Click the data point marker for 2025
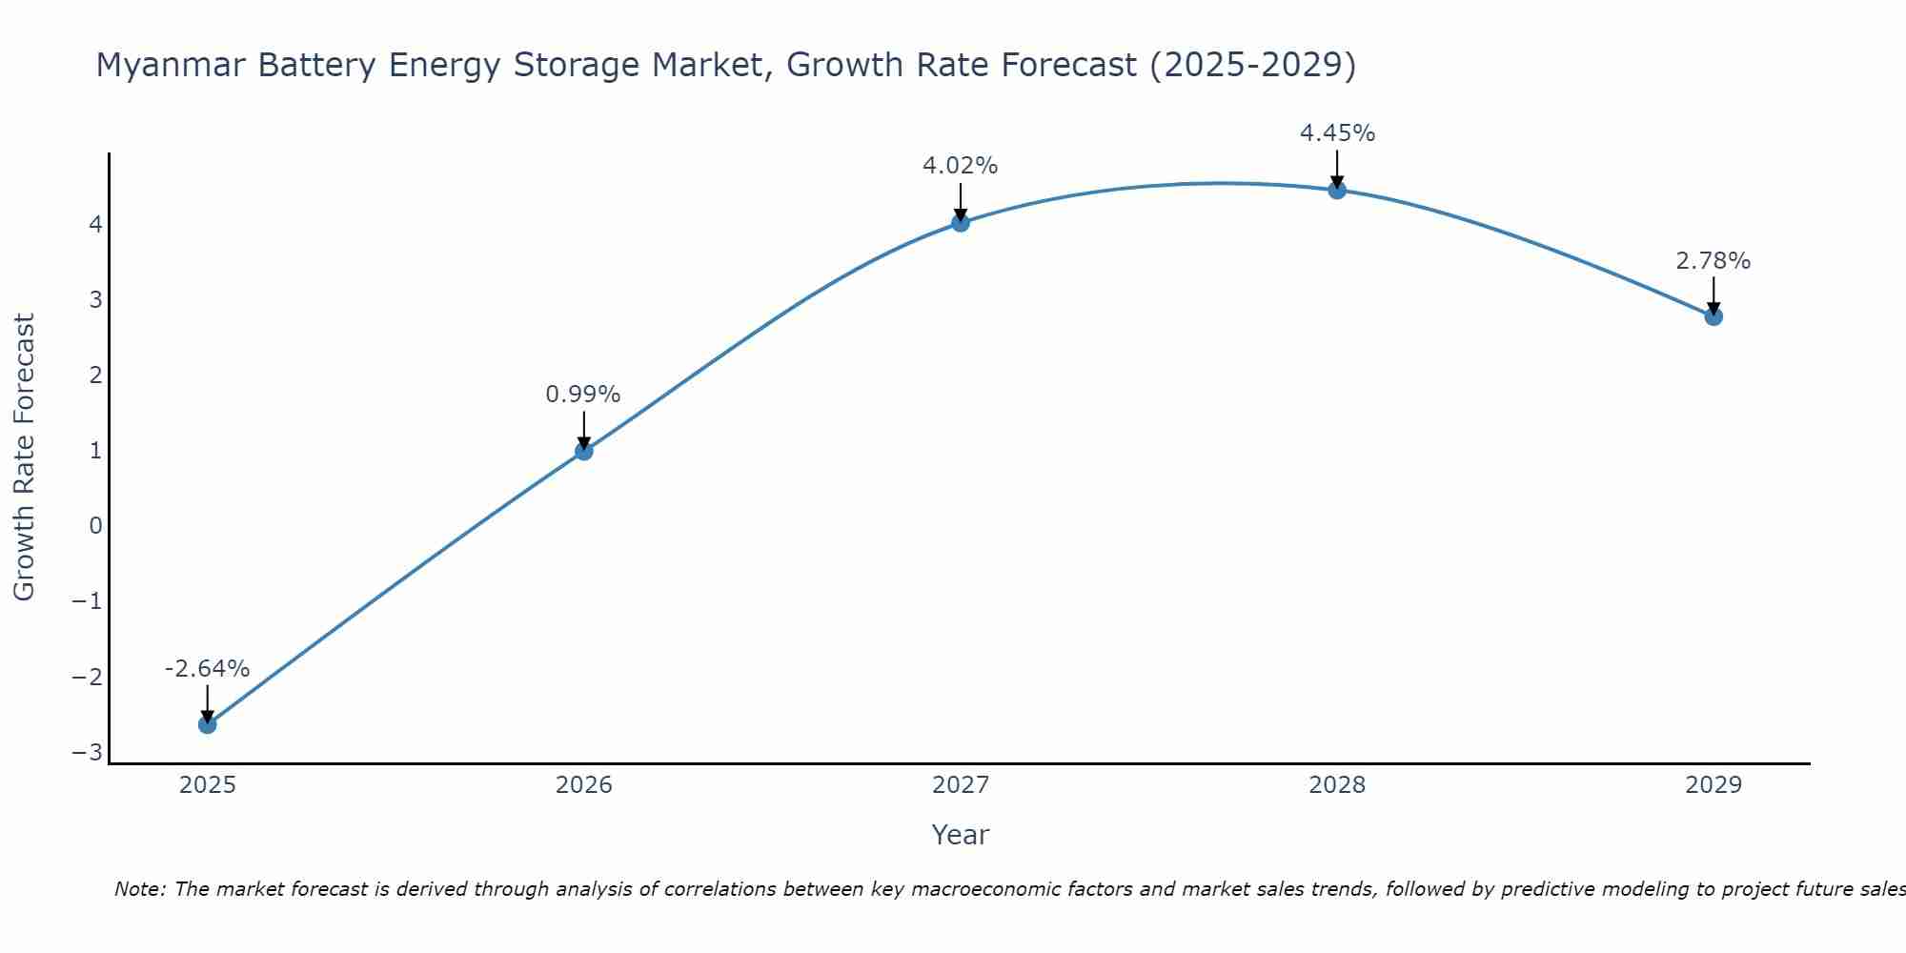pyautogui.click(x=207, y=724)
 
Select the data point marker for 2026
pyautogui.click(x=584, y=451)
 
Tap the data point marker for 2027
pyautogui.click(x=961, y=223)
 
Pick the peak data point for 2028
pyautogui.click(x=1337, y=190)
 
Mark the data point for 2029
pyautogui.click(x=1713, y=316)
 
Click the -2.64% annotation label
pyautogui.click(x=207, y=669)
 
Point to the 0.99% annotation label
pyautogui.click(x=583, y=395)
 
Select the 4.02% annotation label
pyautogui.click(x=960, y=166)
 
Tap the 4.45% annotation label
pyautogui.click(x=1337, y=133)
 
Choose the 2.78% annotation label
pyautogui.click(x=1713, y=261)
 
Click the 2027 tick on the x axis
pyautogui.click(x=961, y=785)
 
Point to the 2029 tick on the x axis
pyautogui.click(x=1713, y=785)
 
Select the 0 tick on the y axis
pyautogui.click(x=95, y=526)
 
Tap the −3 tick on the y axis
pyautogui.click(x=88, y=753)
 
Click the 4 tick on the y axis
pyautogui.click(x=95, y=225)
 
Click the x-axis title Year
pyautogui.click(x=961, y=835)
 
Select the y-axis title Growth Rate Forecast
pyautogui.click(x=25, y=457)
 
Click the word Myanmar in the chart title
pyautogui.click(x=160, y=65)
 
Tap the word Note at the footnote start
pyautogui.click(x=140, y=889)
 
